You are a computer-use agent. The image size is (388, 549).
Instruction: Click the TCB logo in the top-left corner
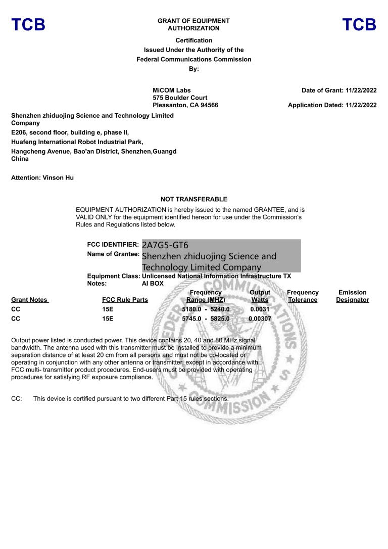[28, 25]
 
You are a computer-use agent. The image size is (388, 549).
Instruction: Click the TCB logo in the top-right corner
[359, 25]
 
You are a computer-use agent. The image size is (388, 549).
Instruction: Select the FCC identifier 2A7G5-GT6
[165, 245]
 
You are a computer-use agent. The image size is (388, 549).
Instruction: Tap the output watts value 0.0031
[260, 309]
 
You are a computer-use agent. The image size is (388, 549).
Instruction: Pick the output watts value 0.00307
[260, 318]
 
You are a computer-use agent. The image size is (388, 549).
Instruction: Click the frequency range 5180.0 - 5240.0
[206, 309]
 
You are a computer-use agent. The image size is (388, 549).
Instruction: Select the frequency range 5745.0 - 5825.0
[206, 318]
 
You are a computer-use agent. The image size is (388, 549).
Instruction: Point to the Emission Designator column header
[352, 296]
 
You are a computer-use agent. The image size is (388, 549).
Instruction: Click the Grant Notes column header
[30, 300]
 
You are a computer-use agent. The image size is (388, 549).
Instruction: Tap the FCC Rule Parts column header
[125, 300]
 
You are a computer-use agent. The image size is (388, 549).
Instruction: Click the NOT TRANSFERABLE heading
[193, 199]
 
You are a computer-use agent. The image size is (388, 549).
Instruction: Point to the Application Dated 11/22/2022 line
[332, 105]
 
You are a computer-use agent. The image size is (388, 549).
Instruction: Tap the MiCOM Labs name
[172, 90]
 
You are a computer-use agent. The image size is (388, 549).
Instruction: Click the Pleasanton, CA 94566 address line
[185, 105]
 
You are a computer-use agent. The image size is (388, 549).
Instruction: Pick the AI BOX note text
[153, 284]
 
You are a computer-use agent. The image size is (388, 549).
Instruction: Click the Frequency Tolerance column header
[303, 296]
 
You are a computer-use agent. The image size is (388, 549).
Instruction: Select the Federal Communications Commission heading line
[193, 59]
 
